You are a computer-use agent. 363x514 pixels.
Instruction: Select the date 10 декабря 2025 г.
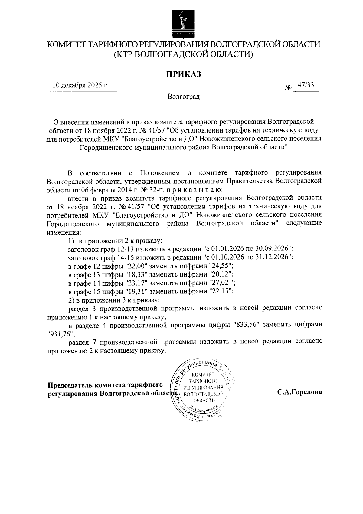(80, 85)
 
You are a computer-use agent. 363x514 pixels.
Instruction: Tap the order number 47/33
(306, 85)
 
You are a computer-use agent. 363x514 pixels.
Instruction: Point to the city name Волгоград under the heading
(183, 97)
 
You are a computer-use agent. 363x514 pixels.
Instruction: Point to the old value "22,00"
(136, 266)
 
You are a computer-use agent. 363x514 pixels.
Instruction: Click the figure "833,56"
(247, 325)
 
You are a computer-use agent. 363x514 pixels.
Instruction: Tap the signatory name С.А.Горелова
(299, 392)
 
